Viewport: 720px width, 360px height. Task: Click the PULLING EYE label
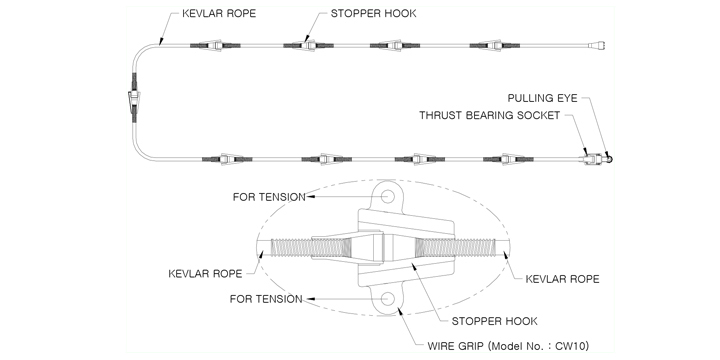tap(542, 98)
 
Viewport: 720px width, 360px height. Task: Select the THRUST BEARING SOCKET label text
tap(489, 115)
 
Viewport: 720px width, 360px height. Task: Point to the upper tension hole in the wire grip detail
tap(388, 196)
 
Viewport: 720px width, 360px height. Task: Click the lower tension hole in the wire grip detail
tap(388, 298)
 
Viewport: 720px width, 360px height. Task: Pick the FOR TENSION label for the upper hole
tap(269, 197)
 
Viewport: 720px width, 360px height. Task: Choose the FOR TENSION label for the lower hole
tap(266, 299)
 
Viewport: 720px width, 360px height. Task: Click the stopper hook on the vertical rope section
tap(133, 98)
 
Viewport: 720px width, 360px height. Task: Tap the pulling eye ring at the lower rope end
tap(609, 159)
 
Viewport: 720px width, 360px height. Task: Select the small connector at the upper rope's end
tap(598, 45)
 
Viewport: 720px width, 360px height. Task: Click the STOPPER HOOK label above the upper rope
tap(374, 13)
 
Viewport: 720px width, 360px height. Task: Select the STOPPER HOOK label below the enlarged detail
tap(495, 321)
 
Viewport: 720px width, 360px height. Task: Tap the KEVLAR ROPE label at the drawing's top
tap(219, 13)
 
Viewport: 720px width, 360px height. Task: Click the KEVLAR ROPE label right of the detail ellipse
tap(562, 279)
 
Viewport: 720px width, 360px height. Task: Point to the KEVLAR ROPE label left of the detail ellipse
tap(205, 274)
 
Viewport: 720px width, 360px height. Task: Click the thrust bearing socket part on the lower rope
tap(593, 159)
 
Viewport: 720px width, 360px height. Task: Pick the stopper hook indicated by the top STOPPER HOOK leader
tap(308, 45)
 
